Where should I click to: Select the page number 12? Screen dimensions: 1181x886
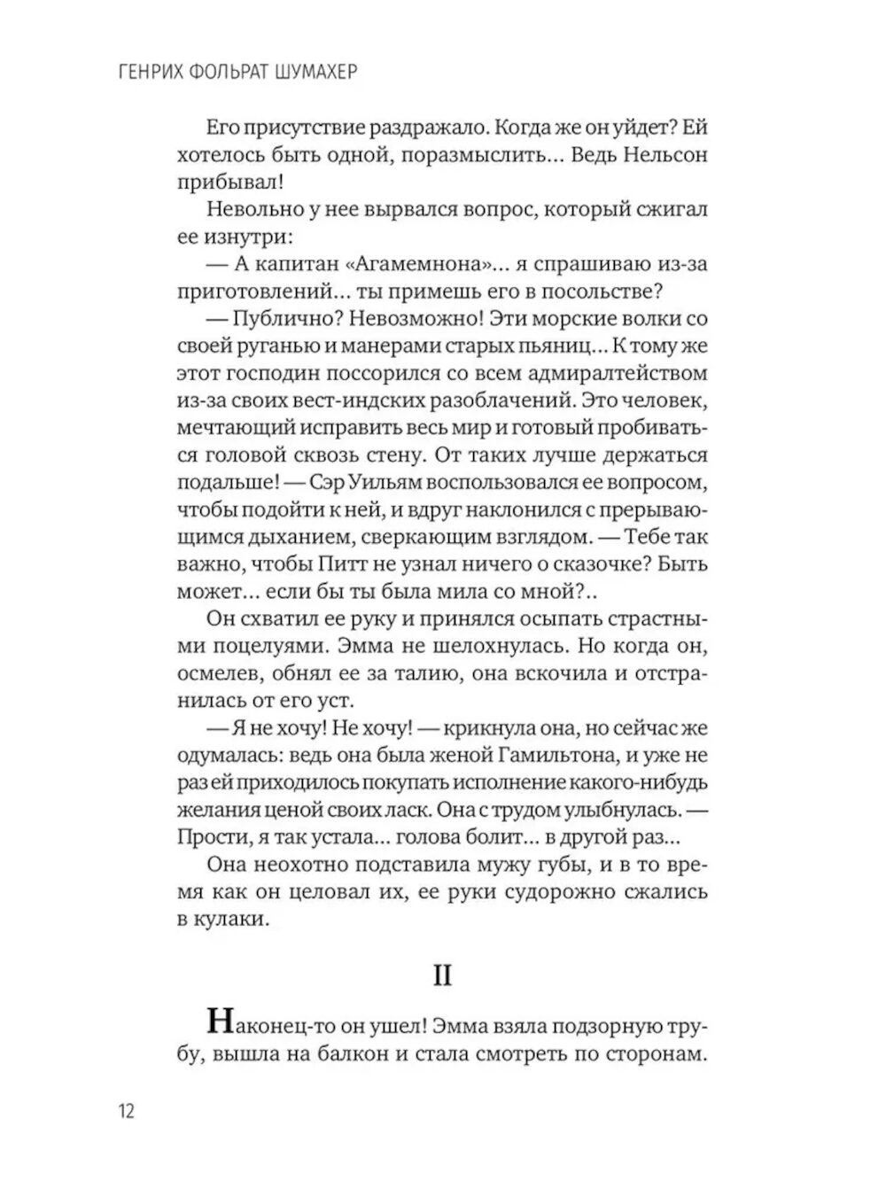coord(126,1110)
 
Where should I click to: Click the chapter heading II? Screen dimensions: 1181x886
coord(442,975)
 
